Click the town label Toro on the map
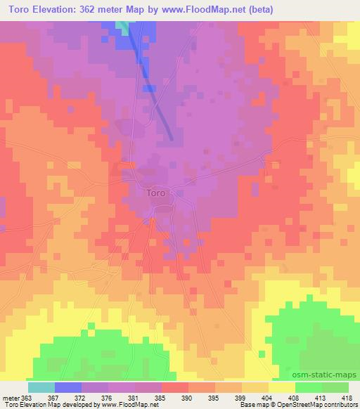coord(157,191)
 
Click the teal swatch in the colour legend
coord(41,387)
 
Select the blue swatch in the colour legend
coord(68,387)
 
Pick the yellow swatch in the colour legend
coord(281,387)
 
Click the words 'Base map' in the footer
coord(250,405)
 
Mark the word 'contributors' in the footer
coord(340,405)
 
